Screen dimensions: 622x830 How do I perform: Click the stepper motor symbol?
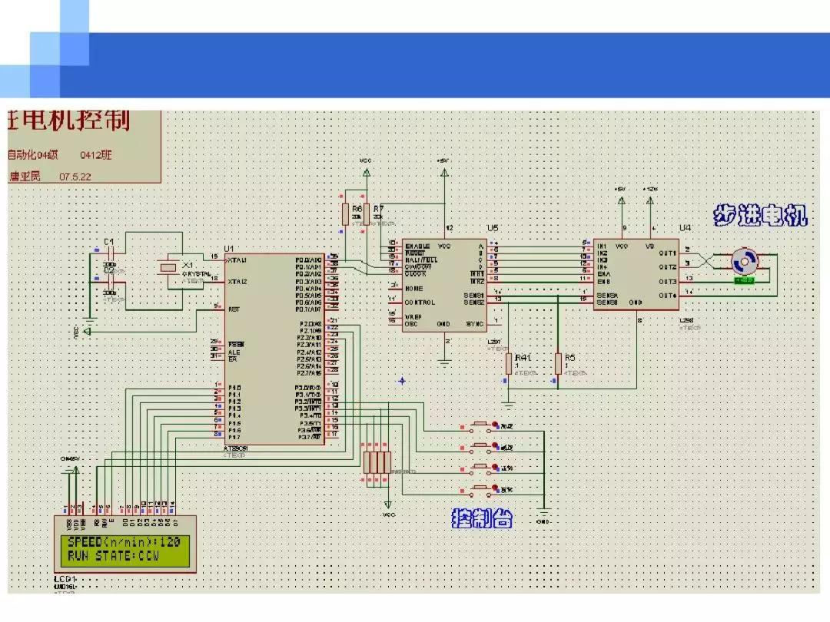tap(743, 262)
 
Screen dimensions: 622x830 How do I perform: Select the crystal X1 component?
tap(167, 268)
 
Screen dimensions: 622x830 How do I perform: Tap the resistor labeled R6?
tap(344, 214)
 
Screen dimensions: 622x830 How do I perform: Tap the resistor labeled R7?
tap(367, 214)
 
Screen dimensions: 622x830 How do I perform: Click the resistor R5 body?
tap(558, 363)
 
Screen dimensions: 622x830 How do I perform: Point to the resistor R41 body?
tap(508, 363)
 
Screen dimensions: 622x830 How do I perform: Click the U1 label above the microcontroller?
tap(228, 249)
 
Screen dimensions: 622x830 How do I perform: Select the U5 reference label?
tap(492, 228)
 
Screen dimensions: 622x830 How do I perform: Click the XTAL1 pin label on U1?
tap(237, 260)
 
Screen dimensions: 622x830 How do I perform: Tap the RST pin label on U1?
tap(233, 309)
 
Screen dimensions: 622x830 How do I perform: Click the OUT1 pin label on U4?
tap(666, 253)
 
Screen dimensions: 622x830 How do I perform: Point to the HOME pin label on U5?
tap(414, 289)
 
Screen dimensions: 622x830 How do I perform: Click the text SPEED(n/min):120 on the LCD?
tap(123, 543)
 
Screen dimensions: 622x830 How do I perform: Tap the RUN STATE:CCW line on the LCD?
tap(113, 555)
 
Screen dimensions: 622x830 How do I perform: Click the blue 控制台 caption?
tap(482, 519)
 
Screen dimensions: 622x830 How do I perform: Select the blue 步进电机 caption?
tap(760, 216)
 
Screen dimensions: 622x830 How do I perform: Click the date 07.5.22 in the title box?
tap(76, 176)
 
